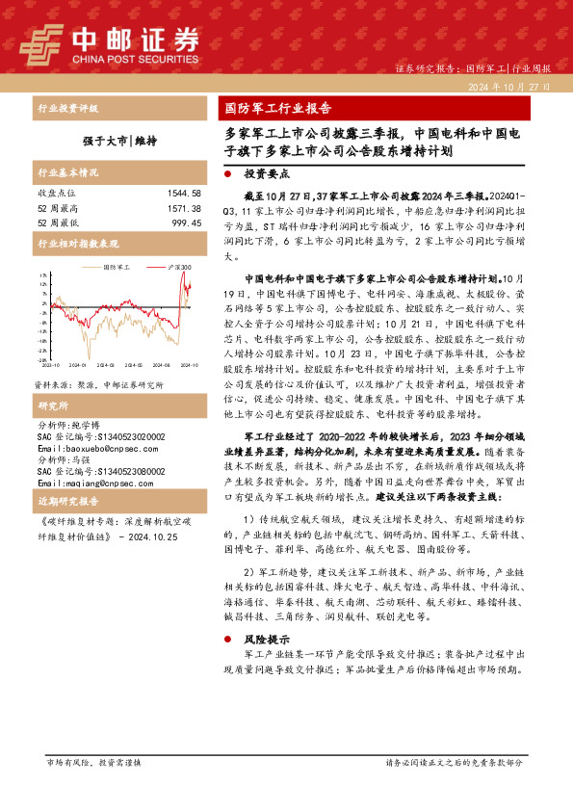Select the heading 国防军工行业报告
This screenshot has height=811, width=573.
point(278,108)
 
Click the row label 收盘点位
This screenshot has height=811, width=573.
point(56,194)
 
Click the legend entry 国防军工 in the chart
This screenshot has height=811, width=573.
point(116,268)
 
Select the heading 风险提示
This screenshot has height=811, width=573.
point(265,639)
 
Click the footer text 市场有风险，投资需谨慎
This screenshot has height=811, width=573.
point(93,789)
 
